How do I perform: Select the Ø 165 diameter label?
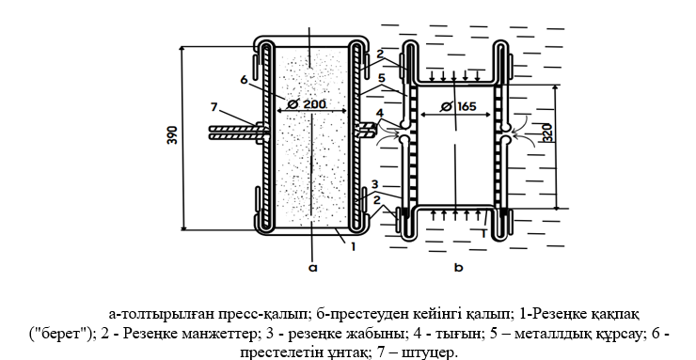click(458, 106)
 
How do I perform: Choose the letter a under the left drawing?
click(311, 266)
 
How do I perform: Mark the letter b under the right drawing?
click(457, 267)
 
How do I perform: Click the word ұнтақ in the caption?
click(355, 352)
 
